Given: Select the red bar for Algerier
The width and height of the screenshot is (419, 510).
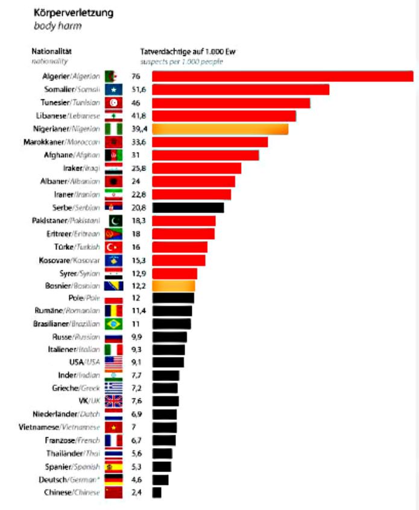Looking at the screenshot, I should pos(282,76).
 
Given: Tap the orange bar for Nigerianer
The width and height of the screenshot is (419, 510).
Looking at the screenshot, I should pos(219,129).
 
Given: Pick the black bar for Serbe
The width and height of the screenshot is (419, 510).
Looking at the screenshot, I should pos(187,208).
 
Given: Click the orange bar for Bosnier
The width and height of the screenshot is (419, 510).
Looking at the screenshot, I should pos(173,286).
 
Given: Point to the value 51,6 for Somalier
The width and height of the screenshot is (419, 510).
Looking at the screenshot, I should pos(139,89).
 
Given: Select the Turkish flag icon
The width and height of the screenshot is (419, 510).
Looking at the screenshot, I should pos(113,247).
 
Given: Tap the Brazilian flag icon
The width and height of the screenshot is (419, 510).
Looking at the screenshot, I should pos(113,324).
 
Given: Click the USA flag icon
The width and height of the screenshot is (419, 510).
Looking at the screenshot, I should pos(113,362).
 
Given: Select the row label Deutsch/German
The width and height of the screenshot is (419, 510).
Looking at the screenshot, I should pos(72,479).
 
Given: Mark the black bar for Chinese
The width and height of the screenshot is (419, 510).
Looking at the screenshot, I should pos(156,493).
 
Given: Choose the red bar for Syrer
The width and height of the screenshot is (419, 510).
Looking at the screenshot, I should pos(174,273).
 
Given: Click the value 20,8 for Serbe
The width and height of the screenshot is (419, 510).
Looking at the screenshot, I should pos(139,208).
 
